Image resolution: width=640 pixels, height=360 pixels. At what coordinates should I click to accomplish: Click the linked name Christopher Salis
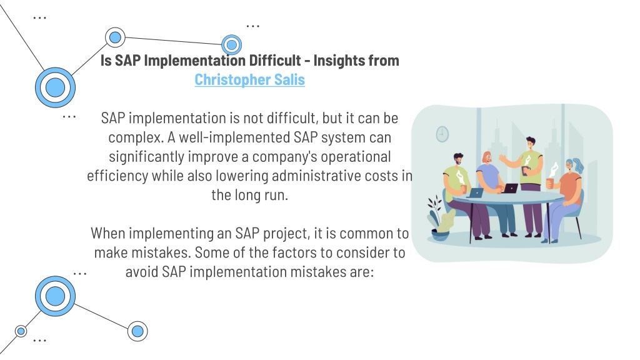(x=249, y=80)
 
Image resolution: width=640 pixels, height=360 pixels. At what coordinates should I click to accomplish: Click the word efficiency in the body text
(x=117, y=175)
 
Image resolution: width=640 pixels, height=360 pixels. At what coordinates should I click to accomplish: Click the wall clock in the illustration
(x=442, y=133)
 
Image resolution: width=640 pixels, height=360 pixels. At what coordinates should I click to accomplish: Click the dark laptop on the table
(x=510, y=188)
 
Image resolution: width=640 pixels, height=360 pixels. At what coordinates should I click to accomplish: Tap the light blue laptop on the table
(x=476, y=192)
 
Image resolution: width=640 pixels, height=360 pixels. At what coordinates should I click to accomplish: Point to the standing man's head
(x=531, y=143)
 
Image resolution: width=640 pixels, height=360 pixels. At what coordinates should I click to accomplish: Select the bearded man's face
(x=457, y=160)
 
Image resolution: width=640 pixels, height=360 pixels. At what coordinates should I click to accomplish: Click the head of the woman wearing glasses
(x=487, y=157)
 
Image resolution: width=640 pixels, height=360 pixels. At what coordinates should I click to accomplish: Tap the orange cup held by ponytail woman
(x=549, y=182)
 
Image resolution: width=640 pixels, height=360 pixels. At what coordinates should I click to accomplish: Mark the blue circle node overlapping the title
(x=232, y=44)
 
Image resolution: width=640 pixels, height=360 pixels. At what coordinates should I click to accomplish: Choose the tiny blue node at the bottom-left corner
(x=21, y=331)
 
